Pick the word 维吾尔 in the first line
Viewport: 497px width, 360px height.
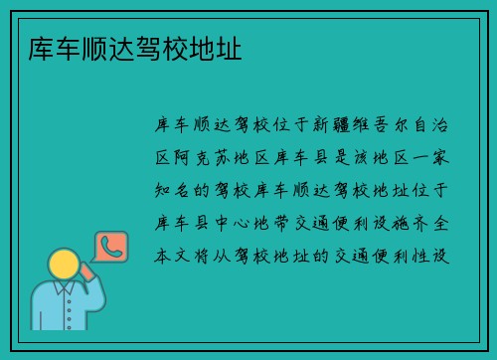point(398,126)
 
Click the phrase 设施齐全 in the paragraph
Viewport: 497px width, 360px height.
point(409,222)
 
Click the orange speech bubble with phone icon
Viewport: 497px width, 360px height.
point(109,247)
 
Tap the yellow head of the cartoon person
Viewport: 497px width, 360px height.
point(64,265)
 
